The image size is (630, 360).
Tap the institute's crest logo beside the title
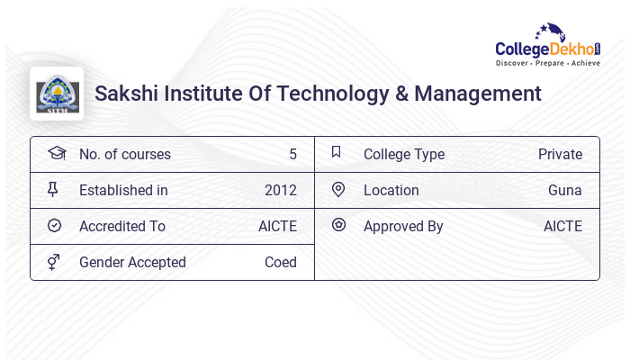(57, 94)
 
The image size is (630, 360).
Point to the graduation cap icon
(56, 153)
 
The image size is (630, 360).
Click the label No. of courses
(125, 155)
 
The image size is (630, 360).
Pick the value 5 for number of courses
(292, 155)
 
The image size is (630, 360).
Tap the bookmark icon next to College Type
(337, 152)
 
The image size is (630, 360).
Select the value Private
(560, 155)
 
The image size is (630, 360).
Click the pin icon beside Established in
(54, 190)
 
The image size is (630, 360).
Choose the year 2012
(281, 191)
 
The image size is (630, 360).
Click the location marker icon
(338, 189)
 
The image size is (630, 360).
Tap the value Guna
(565, 191)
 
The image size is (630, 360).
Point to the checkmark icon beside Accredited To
(54, 225)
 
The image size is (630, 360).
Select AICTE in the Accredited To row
(277, 227)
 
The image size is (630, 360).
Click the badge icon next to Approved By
(338, 225)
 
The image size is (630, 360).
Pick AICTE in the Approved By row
(562, 227)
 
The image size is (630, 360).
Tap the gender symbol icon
(54, 262)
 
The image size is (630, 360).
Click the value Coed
(281, 263)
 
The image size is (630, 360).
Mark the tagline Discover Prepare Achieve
(548, 64)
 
